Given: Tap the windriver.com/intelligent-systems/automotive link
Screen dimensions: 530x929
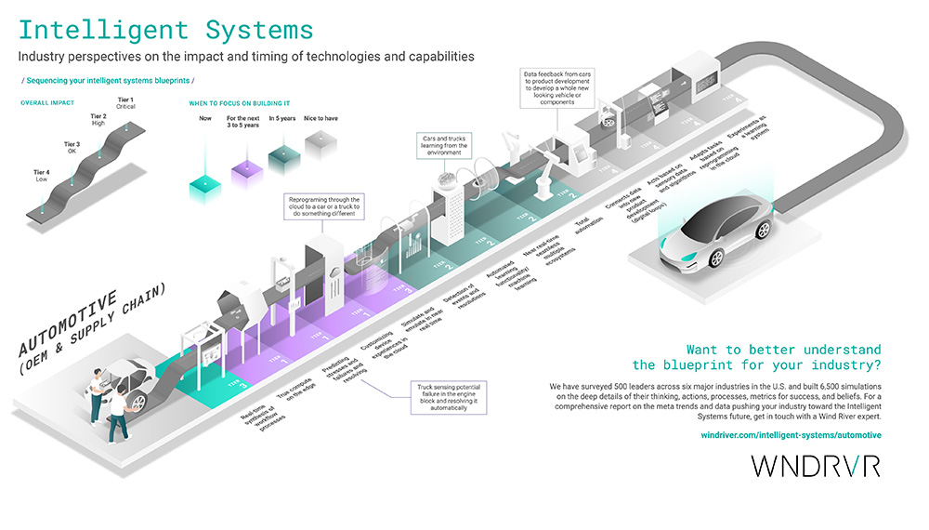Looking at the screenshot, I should coord(791,435).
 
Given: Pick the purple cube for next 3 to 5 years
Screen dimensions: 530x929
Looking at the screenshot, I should coord(242,171).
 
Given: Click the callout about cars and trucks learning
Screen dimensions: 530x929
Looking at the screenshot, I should coord(446,145).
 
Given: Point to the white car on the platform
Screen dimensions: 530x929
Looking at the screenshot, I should coord(716,232).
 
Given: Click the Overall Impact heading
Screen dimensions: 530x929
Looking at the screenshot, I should coord(48,102).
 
